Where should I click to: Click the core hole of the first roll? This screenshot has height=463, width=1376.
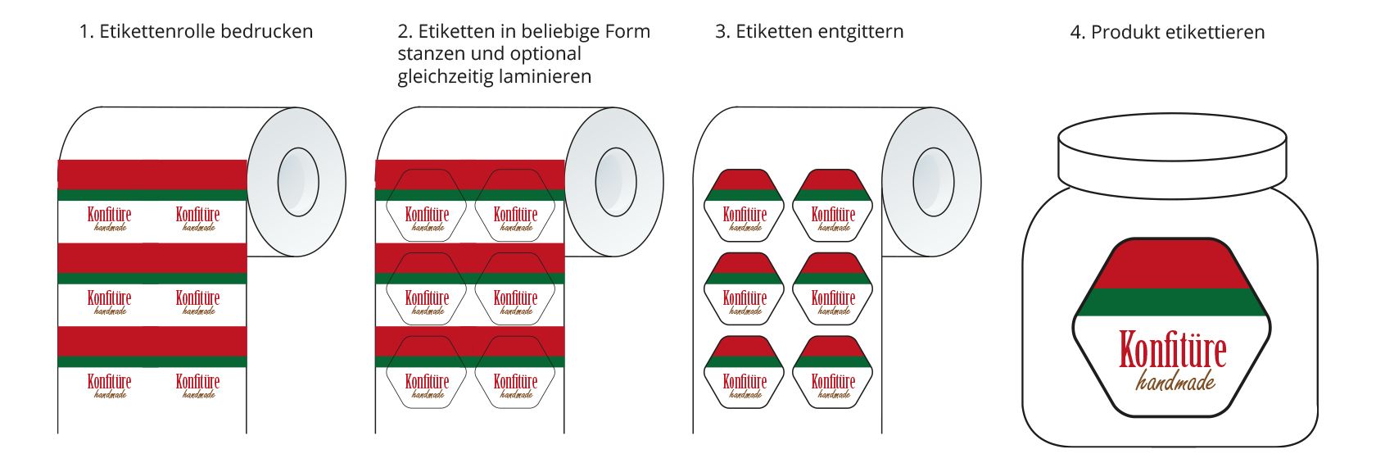298,182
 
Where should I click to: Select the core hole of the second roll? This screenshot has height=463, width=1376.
616,182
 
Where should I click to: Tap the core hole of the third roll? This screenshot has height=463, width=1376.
933,182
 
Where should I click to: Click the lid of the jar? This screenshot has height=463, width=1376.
1172,156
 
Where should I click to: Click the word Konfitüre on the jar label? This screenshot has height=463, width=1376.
1173,349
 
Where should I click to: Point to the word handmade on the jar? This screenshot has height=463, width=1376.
1175,381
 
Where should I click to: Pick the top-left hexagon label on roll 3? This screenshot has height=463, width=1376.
744,206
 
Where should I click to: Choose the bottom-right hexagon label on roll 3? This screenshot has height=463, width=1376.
832,372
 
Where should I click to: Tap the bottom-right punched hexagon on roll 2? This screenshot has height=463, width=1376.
514,372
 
